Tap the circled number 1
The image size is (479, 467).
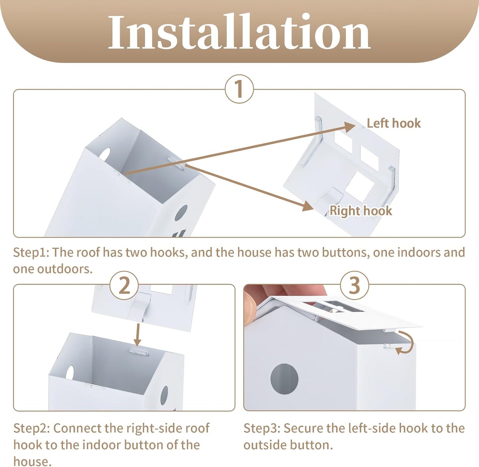point(239,89)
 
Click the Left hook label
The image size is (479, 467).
point(393,123)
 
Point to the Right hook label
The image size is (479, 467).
point(361,211)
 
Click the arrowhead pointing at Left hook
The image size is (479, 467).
point(349,127)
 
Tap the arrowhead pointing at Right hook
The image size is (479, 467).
point(308,206)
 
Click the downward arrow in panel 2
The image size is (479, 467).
point(138,335)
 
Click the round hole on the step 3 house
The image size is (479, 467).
point(284,379)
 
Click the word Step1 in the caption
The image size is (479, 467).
point(31,253)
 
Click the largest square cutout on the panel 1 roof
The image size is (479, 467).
point(359,186)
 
